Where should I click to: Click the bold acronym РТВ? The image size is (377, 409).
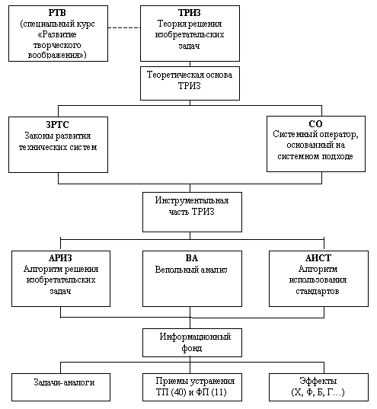point(57,12)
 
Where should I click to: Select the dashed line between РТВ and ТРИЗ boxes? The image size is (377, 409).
point(124,27)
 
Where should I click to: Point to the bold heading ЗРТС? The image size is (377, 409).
point(57,125)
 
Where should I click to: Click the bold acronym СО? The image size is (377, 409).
point(315,123)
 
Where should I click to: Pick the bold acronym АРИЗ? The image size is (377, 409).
point(60,258)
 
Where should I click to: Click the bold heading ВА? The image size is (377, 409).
point(192,258)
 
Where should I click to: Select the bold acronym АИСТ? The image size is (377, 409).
point(318,258)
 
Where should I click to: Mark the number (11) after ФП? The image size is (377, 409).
point(219,392)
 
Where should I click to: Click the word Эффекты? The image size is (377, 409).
point(318,381)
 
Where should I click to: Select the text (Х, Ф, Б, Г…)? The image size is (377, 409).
point(318,392)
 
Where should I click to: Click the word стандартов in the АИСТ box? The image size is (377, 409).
point(318,291)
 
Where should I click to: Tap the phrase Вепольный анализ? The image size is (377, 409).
point(191,270)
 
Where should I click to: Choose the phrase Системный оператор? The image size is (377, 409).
point(315,134)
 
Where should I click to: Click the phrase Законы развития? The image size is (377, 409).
point(58,136)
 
